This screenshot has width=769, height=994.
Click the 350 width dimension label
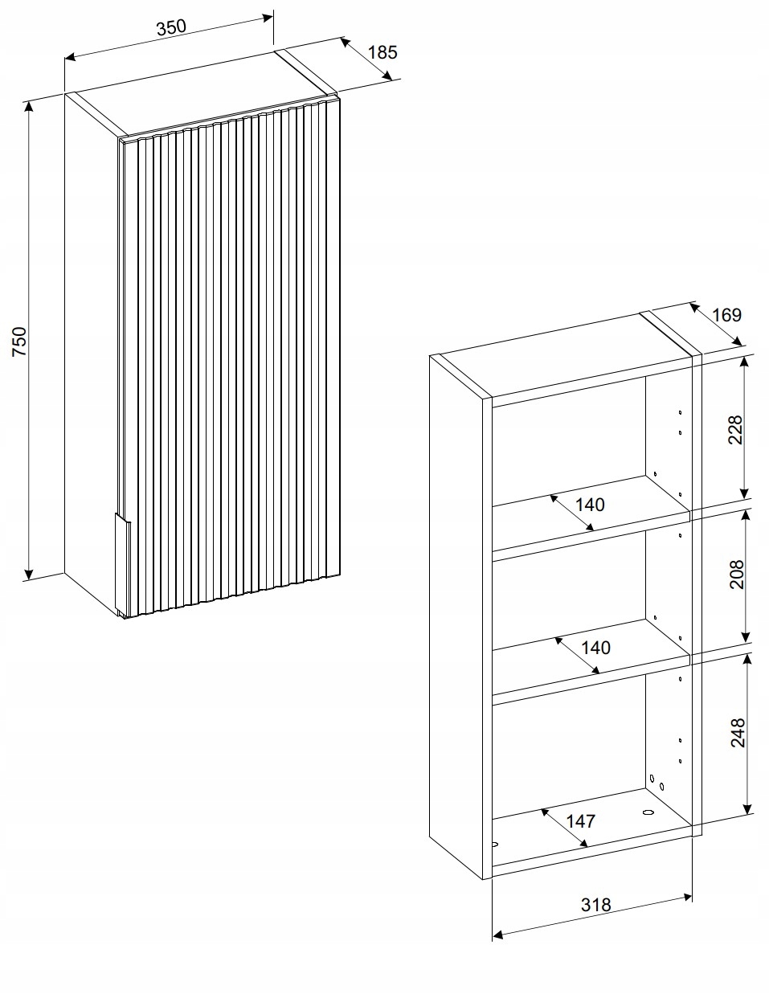(171, 27)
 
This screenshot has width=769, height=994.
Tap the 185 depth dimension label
(382, 52)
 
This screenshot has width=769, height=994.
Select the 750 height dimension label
(19, 342)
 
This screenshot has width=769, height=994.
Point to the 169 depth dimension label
(726, 315)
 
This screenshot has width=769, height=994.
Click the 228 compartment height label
(735, 430)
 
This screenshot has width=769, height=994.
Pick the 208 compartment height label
(737, 575)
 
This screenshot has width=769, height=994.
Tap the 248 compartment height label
(738, 733)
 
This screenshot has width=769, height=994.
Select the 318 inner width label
(595, 905)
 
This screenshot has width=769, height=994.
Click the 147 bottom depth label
(581, 821)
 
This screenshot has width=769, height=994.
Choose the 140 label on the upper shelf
(590, 505)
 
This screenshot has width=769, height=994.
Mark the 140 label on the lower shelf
(595, 648)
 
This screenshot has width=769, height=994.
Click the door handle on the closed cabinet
(122, 562)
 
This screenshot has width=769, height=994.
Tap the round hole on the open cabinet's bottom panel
(648, 812)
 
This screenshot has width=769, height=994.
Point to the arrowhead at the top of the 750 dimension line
(29, 107)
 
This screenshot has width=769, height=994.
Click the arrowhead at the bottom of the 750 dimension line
(29, 574)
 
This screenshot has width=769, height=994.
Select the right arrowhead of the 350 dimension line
(267, 18)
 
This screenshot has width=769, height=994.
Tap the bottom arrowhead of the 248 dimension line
(747, 808)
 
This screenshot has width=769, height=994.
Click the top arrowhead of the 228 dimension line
(744, 362)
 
